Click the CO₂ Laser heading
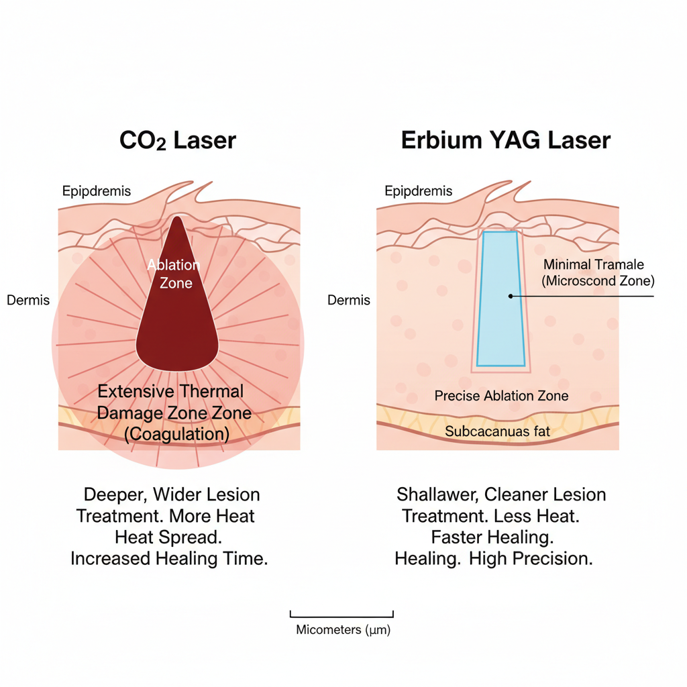[x=178, y=141]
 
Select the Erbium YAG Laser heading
[x=506, y=141]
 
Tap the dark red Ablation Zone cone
[x=177, y=315]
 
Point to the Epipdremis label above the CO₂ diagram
[x=97, y=192]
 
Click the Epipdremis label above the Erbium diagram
[x=419, y=192]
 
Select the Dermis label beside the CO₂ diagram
[x=28, y=301]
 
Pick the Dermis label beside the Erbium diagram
[x=349, y=301]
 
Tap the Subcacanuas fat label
[x=498, y=431]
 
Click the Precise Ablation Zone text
[x=501, y=396]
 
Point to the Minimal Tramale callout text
[x=593, y=264]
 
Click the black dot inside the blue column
[x=511, y=296]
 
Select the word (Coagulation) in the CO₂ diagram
[x=177, y=434]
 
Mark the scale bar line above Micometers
[x=341, y=615]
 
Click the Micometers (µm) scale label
[x=343, y=631]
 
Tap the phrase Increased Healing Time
[x=169, y=558]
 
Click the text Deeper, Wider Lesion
[x=172, y=495]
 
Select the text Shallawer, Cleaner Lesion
[x=501, y=495]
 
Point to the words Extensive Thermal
[x=171, y=391]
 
